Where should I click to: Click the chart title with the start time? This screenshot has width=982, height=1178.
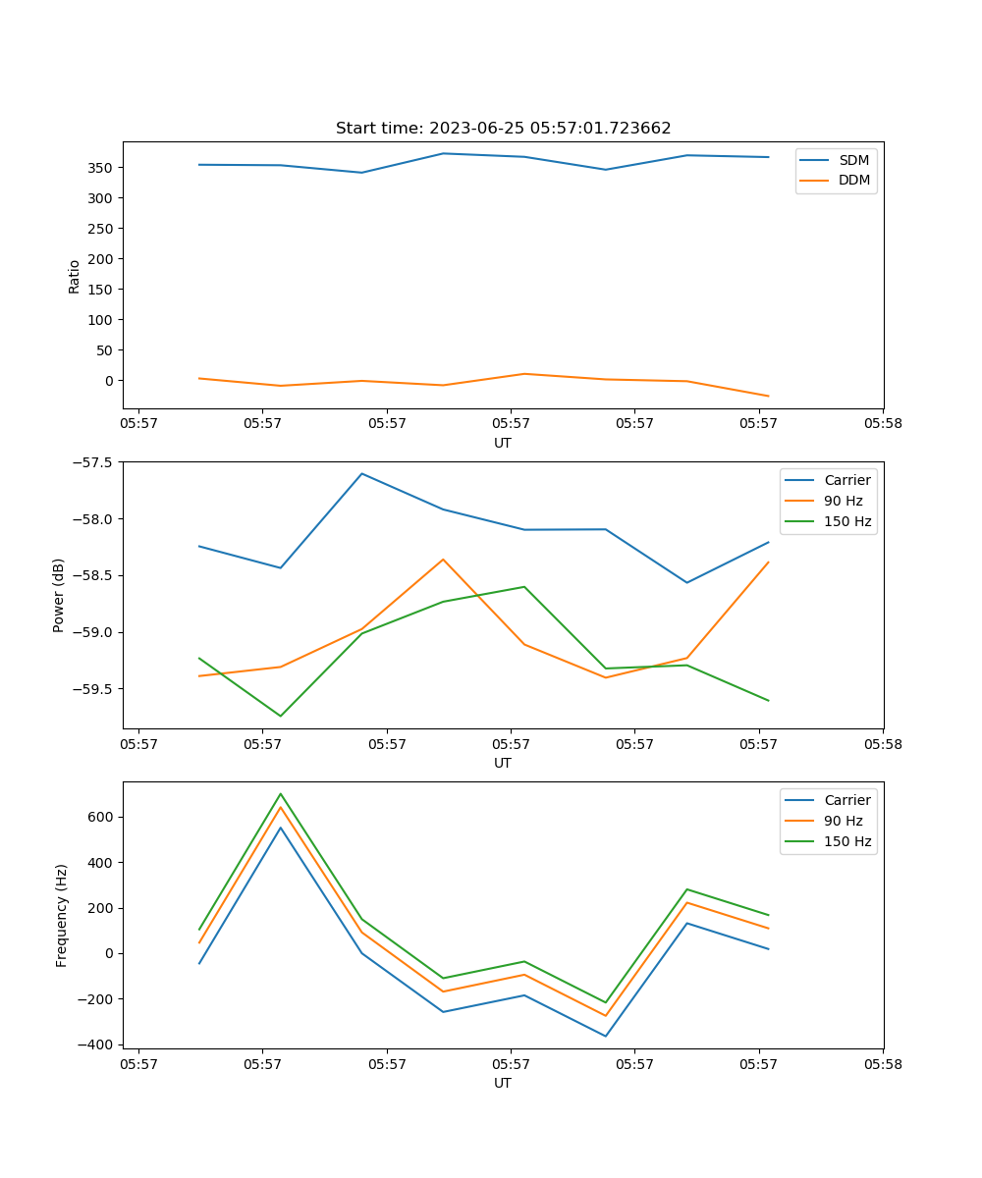tap(503, 129)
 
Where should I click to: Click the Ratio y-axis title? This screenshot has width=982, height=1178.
tap(75, 275)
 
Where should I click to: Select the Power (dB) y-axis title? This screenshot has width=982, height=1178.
tap(59, 595)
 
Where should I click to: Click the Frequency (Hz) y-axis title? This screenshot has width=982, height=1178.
tap(62, 915)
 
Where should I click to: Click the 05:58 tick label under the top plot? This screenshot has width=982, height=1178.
tap(883, 424)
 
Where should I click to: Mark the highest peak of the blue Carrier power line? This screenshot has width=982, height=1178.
tap(361, 473)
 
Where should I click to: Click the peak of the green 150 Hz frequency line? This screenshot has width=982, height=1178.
tap(281, 793)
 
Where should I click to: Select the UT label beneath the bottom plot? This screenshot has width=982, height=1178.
tap(503, 1083)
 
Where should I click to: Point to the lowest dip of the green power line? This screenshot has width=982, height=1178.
tap(281, 716)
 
